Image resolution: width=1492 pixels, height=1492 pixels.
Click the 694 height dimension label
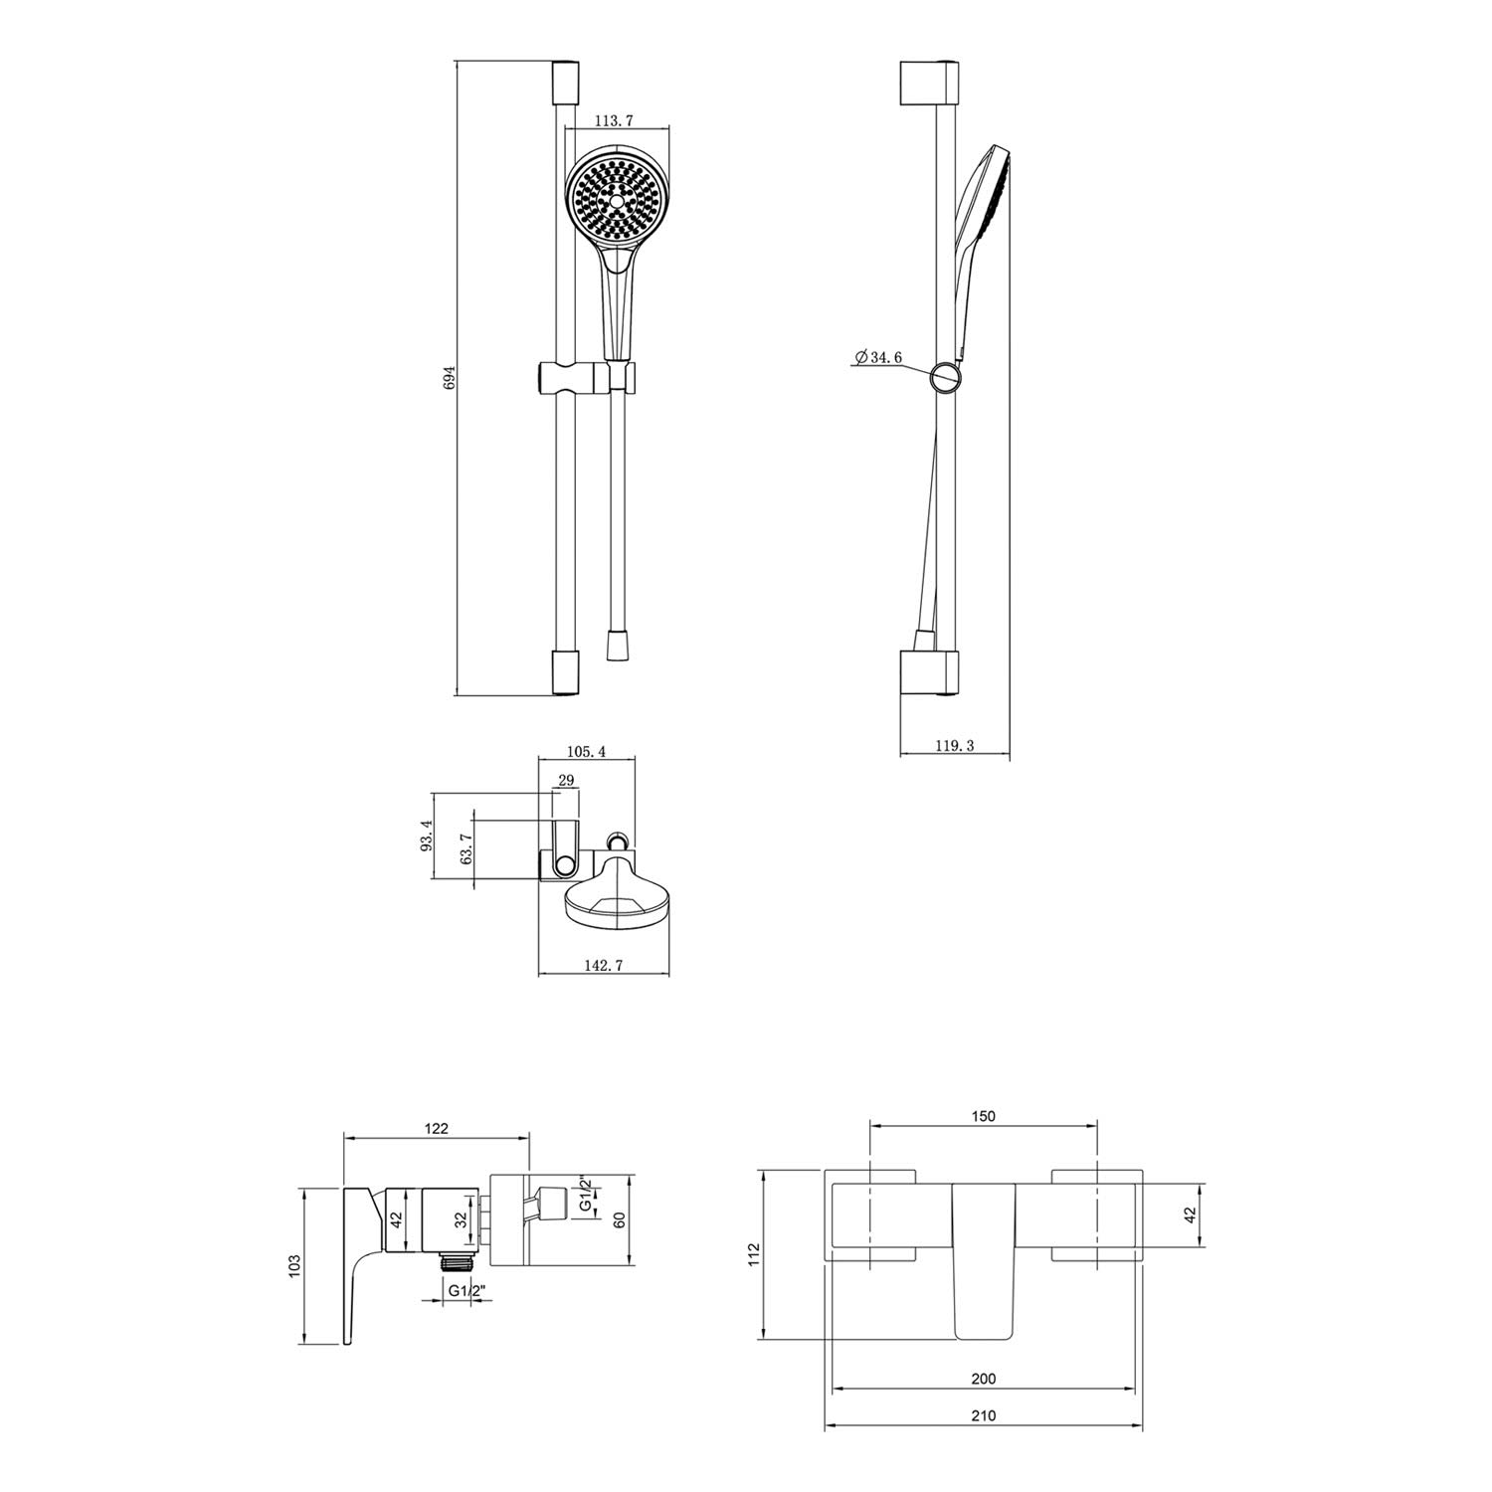(449, 379)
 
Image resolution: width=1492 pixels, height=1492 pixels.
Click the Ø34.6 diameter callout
(877, 357)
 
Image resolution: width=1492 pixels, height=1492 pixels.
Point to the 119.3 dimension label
(956, 745)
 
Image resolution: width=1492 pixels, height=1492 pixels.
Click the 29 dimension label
(566, 781)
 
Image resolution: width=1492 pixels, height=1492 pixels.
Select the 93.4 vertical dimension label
(427, 837)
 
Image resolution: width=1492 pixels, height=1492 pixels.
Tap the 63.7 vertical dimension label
(466, 850)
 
